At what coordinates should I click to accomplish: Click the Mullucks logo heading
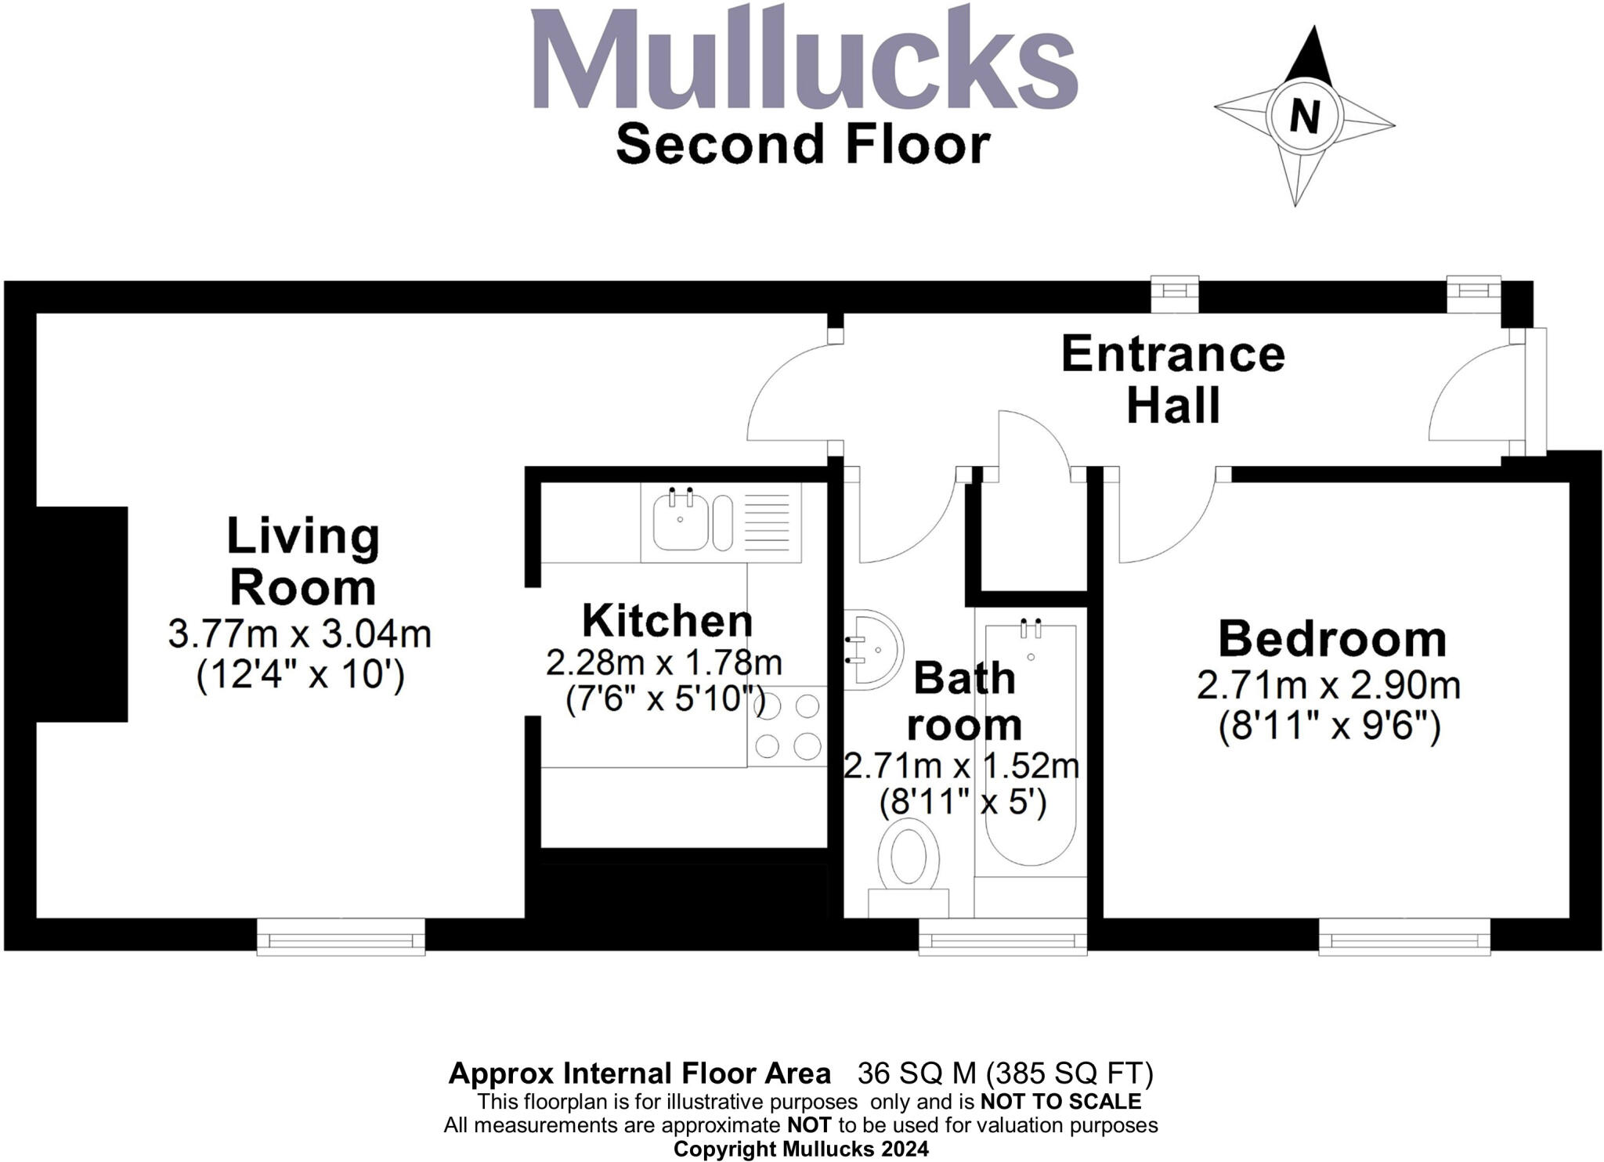pyautogui.click(x=804, y=61)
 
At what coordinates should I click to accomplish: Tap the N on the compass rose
pyautogui.click(x=1304, y=117)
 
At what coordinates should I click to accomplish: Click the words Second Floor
pyautogui.click(x=803, y=145)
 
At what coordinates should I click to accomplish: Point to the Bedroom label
pyautogui.click(x=1331, y=639)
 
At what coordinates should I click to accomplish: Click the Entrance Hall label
pyautogui.click(x=1172, y=380)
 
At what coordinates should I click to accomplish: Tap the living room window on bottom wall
pyautogui.click(x=341, y=936)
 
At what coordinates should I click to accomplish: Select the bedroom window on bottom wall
pyautogui.click(x=1403, y=936)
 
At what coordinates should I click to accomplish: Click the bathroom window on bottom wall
pyautogui.click(x=1002, y=936)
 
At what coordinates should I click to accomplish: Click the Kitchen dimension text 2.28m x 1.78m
pyautogui.click(x=663, y=663)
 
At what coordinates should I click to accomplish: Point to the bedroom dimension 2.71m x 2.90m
pyautogui.click(x=1328, y=687)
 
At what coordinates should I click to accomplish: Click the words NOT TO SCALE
pyautogui.click(x=1060, y=1102)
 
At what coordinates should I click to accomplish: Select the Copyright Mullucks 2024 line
pyautogui.click(x=801, y=1149)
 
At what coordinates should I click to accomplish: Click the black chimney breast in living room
pyautogui.click(x=81, y=614)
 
